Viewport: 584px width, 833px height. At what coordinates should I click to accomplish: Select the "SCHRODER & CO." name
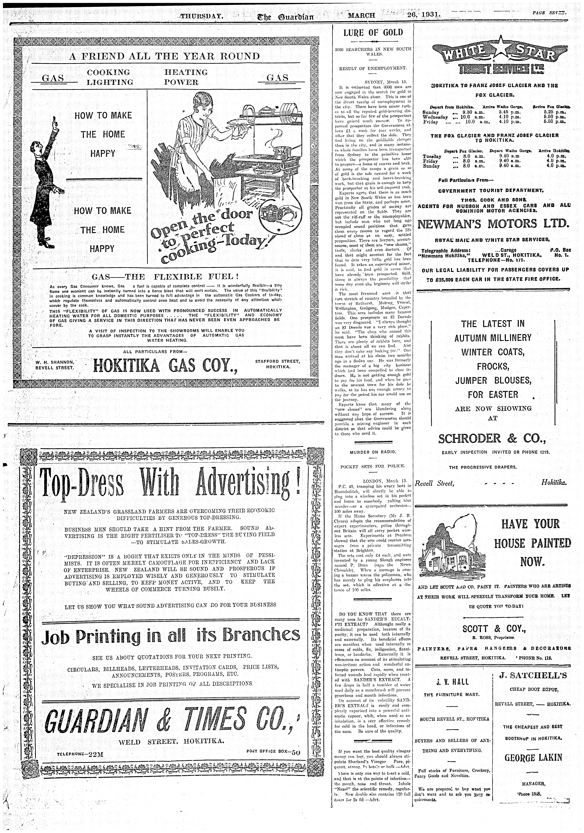point(492,439)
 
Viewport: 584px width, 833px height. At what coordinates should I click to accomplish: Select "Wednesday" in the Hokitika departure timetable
point(434,118)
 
